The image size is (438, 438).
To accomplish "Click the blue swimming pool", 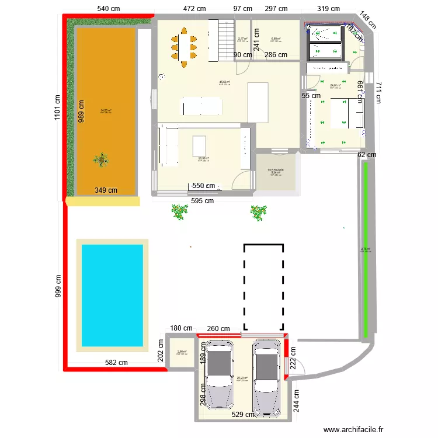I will click(x=112, y=294).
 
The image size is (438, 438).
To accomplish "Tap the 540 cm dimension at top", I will click(x=109, y=9).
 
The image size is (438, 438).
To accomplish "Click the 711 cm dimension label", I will click(x=378, y=92).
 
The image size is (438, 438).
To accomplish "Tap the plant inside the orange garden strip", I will click(x=102, y=159).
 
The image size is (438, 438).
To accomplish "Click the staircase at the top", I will click(x=225, y=39).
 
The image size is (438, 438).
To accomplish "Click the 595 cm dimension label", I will click(x=202, y=201).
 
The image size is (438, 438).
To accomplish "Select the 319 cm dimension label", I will click(x=328, y=9).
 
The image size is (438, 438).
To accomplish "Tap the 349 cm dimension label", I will click(x=106, y=190).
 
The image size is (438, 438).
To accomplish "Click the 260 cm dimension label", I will click(x=218, y=328).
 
